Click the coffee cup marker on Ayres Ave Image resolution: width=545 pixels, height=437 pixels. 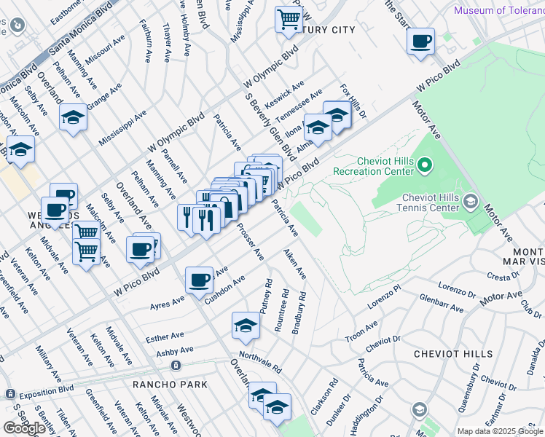pos(199,280)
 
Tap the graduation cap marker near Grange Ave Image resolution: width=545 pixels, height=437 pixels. pos(73,118)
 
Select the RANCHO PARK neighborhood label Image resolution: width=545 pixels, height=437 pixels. pos(170,384)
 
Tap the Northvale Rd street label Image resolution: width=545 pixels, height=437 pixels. pos(260,358)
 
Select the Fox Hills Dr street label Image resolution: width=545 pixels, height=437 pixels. pos(353,101)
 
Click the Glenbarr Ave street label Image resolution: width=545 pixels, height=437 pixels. pos(442,304)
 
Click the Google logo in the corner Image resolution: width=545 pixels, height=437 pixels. pos(24,428)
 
